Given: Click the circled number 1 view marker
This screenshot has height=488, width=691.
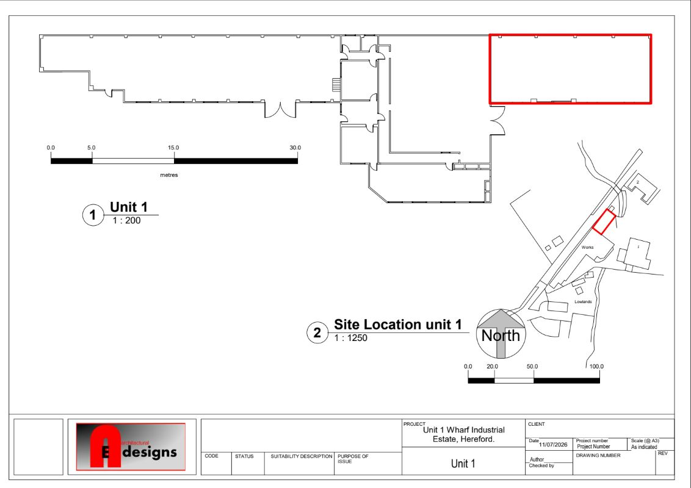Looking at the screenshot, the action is coord(93,215).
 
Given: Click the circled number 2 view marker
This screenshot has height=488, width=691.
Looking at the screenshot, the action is coord(317,332).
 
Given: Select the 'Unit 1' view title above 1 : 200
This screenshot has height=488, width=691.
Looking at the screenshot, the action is coord(129,207).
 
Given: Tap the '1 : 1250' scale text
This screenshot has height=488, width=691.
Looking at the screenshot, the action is coord(351,339).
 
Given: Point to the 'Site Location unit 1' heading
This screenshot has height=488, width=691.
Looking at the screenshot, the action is coord(398,325).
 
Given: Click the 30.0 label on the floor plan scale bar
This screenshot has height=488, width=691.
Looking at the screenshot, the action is coord(295,148).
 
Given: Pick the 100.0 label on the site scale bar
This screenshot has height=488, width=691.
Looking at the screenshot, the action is coord(597,367).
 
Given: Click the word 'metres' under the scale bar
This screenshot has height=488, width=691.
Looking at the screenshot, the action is coord(169,175).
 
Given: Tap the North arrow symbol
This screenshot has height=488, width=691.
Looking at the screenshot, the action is coord(501,334).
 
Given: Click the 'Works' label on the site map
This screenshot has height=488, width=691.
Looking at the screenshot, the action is coord(587,248).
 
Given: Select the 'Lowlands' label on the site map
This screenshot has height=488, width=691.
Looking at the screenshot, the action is coord(583,302).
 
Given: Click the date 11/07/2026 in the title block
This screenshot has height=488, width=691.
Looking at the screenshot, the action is coord(553,445).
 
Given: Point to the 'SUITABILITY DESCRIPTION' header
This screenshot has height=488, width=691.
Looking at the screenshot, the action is coord(302,456).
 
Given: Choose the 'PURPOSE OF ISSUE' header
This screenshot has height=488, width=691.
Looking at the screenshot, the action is coord(353,459).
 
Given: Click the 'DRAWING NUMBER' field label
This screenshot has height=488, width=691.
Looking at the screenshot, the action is coord(598,456).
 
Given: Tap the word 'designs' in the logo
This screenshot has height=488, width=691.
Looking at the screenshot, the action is coord(150,452).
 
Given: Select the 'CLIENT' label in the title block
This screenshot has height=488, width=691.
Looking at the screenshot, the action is coord(537,424).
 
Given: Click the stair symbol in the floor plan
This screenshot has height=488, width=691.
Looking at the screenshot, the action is coord(336,85).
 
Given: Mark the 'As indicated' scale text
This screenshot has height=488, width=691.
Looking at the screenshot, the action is coord(644,447).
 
